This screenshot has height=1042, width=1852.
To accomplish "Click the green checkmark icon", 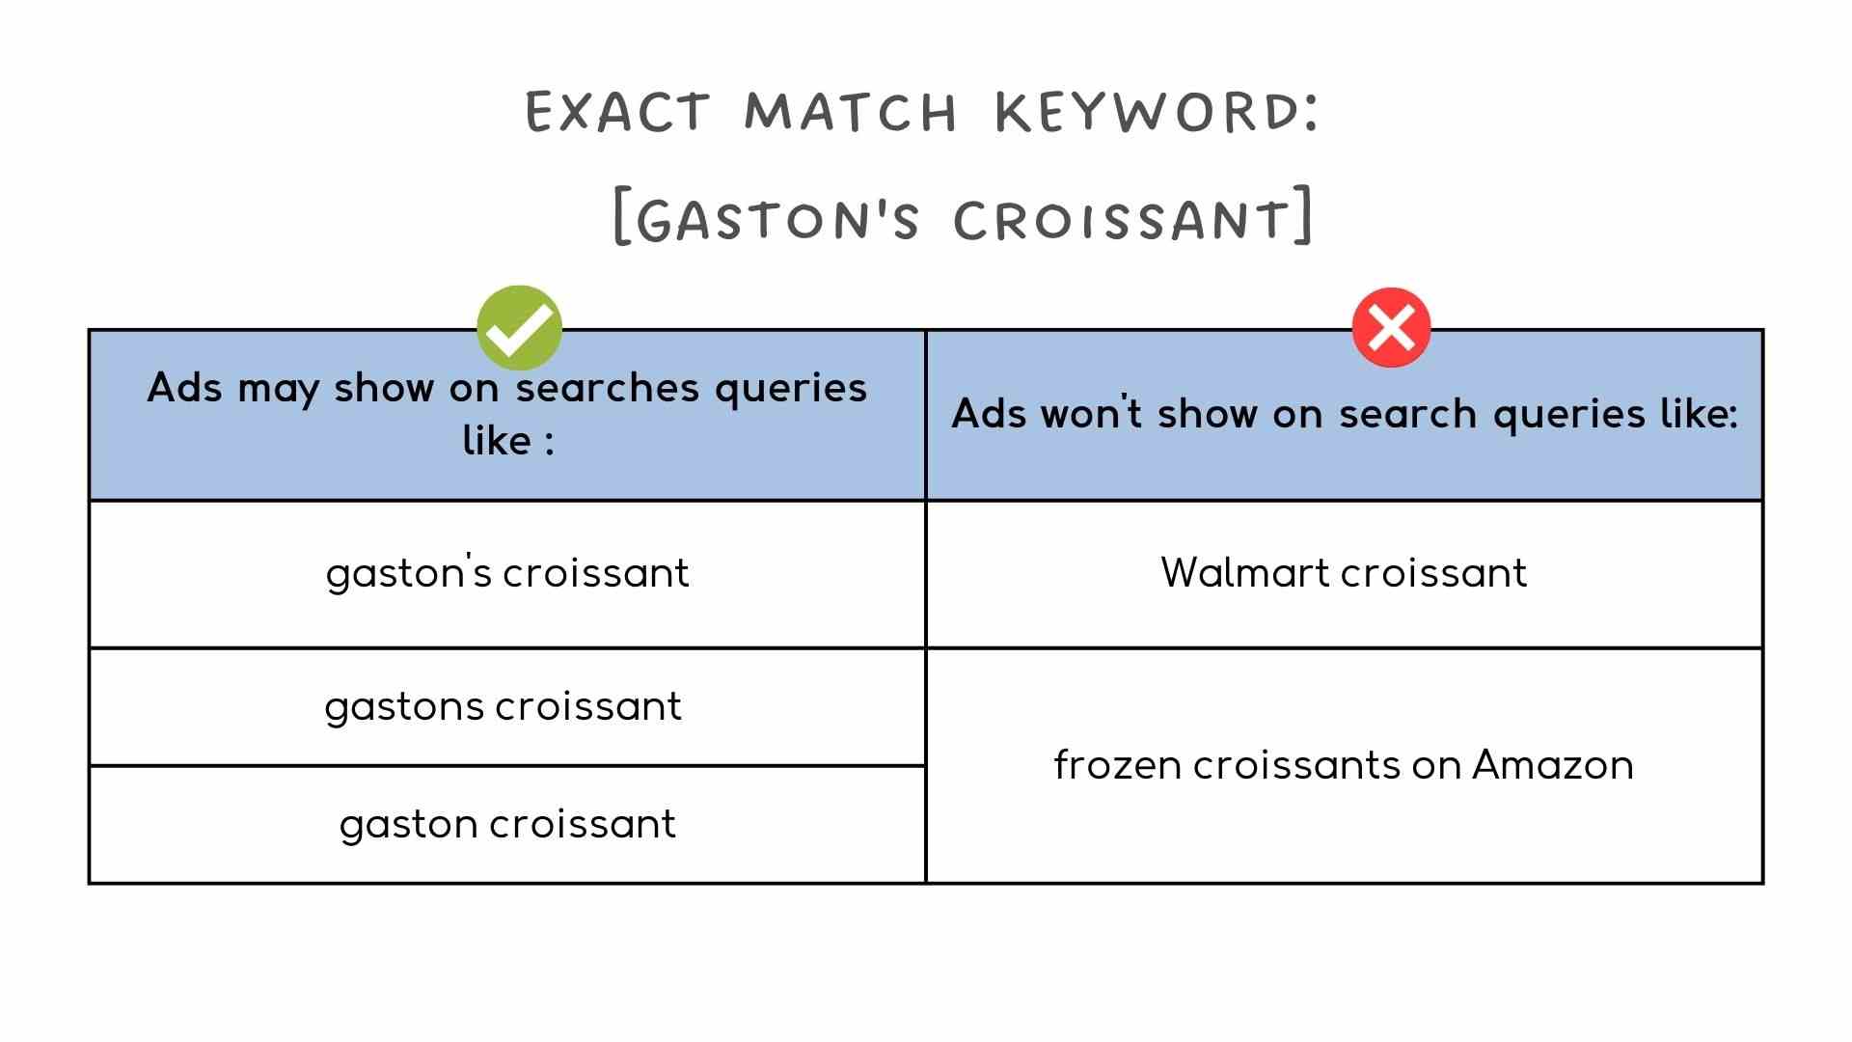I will pyautogui.click(x=519, y=328).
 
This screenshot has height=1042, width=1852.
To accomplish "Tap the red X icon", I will pyautogui.click(x=1391, y=328).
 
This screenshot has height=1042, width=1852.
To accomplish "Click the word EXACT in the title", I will pyautogui.click(x=618, y=111).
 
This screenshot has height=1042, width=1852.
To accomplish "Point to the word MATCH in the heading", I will pyautogui.click(x=851, y=111).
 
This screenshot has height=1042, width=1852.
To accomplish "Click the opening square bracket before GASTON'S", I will pyautogui.click(x=622, y=217).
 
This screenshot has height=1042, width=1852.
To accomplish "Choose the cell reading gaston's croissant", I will pyautogui.click(x=507, y=573).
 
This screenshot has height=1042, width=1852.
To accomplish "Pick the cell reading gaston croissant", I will pyautogui.click(x=507, y=824).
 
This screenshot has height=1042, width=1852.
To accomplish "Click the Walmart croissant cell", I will pyautogui.click(x=1344, y=573).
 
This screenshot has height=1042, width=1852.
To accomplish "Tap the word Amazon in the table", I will pyautogui.click(x=1552, y=765).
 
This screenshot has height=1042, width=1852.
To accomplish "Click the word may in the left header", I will pyautogui.click(x=278, y=389).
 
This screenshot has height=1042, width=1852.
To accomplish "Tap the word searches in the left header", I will pyautogui.click(x=607, y=388).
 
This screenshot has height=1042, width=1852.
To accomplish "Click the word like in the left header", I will pyautogui.click(x=497, y=441).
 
